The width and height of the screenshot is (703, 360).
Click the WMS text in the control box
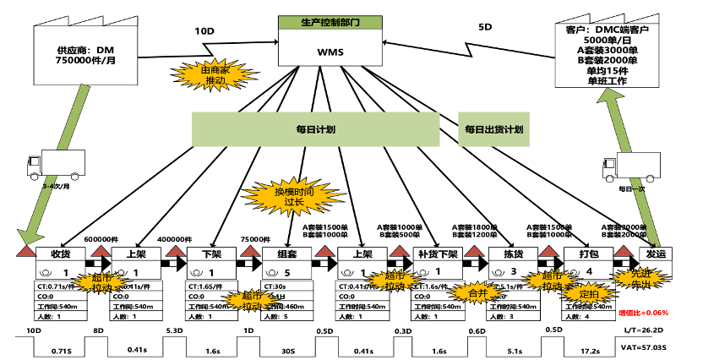tap(330, 52)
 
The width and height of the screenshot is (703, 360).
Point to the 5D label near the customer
tap(485, 27)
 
